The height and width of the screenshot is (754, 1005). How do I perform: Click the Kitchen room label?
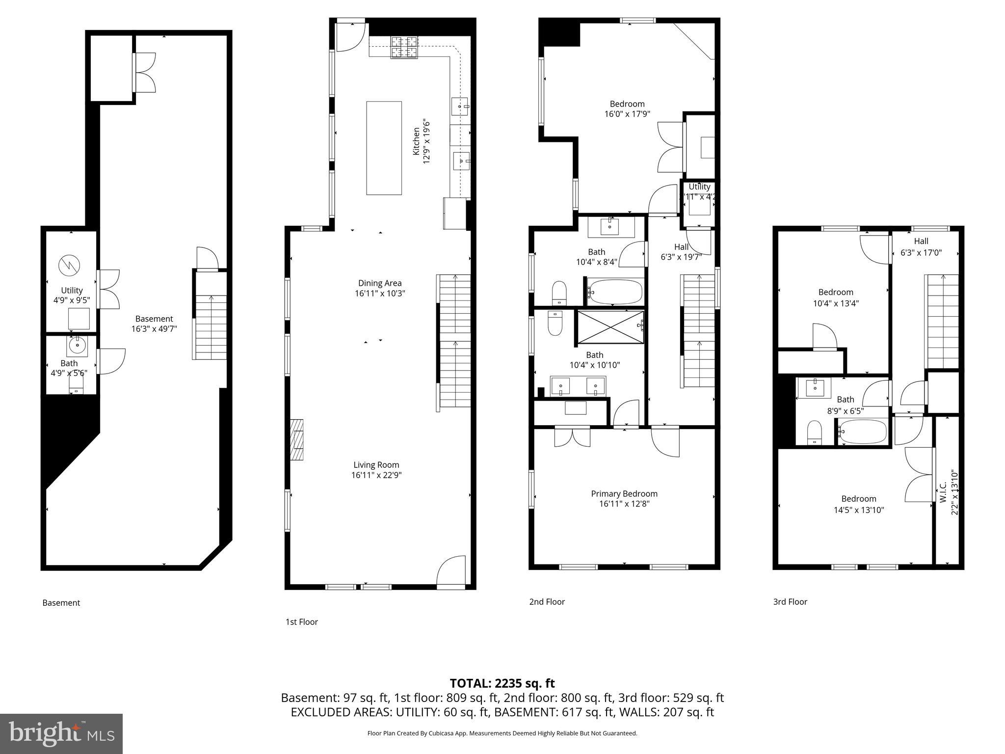tap(416, 141)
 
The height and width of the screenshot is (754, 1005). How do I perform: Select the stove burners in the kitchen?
tap(404, 47)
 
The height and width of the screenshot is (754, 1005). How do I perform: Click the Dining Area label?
tap(380, 283)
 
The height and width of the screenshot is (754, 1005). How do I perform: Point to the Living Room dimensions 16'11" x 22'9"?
tap(376, 475)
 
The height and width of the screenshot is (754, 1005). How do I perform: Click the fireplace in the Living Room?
tap(297, 439)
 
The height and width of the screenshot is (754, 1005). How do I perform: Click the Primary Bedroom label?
tap(624, 493)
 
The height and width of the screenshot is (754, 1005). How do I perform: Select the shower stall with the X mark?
tap(610, 327)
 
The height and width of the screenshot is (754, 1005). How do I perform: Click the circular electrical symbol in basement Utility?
tap(68, 266)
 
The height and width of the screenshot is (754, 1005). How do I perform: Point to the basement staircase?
tap(211, 326)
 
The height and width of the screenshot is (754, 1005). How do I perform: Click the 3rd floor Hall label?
tap(921, 241)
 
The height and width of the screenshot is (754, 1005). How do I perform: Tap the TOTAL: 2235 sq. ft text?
tap(502, 683)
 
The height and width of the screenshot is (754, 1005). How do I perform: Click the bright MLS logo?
tap(61, 733)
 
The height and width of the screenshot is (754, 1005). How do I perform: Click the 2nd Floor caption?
tap(547, 602)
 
